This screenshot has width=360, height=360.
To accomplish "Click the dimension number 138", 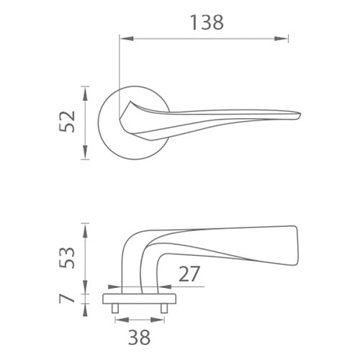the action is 207,22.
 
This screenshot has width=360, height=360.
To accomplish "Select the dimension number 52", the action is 67,122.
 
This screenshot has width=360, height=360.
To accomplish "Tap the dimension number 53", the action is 67,258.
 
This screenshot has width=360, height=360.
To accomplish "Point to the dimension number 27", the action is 189,274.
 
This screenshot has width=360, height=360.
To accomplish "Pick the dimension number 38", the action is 139,337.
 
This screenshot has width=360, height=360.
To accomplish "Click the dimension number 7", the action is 67,299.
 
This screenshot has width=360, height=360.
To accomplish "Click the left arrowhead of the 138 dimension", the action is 127,38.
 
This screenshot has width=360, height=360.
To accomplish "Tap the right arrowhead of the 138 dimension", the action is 281,38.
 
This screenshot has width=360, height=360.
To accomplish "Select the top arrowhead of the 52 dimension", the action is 85,93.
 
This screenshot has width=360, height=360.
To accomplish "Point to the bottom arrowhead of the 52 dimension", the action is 85,152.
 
